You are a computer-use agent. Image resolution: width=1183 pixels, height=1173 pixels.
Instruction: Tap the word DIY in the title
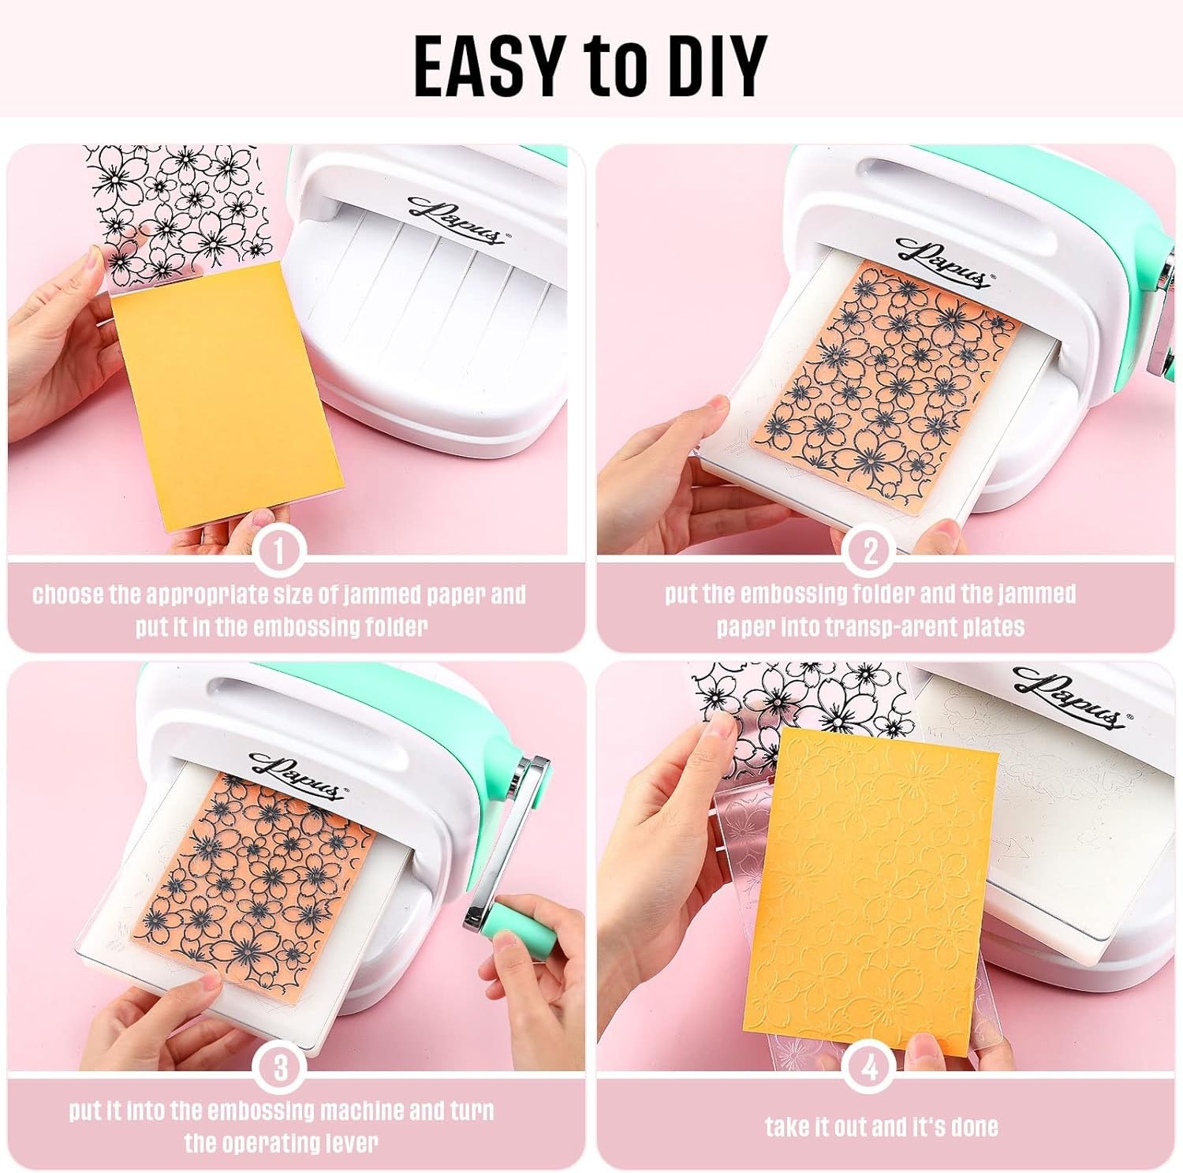(713, 65)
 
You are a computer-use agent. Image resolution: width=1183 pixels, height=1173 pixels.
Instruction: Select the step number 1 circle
(278, 551)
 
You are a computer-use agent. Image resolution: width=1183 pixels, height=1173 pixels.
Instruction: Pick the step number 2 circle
(870, 551)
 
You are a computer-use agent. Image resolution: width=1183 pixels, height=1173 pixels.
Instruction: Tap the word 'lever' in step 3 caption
(352, 1143)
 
